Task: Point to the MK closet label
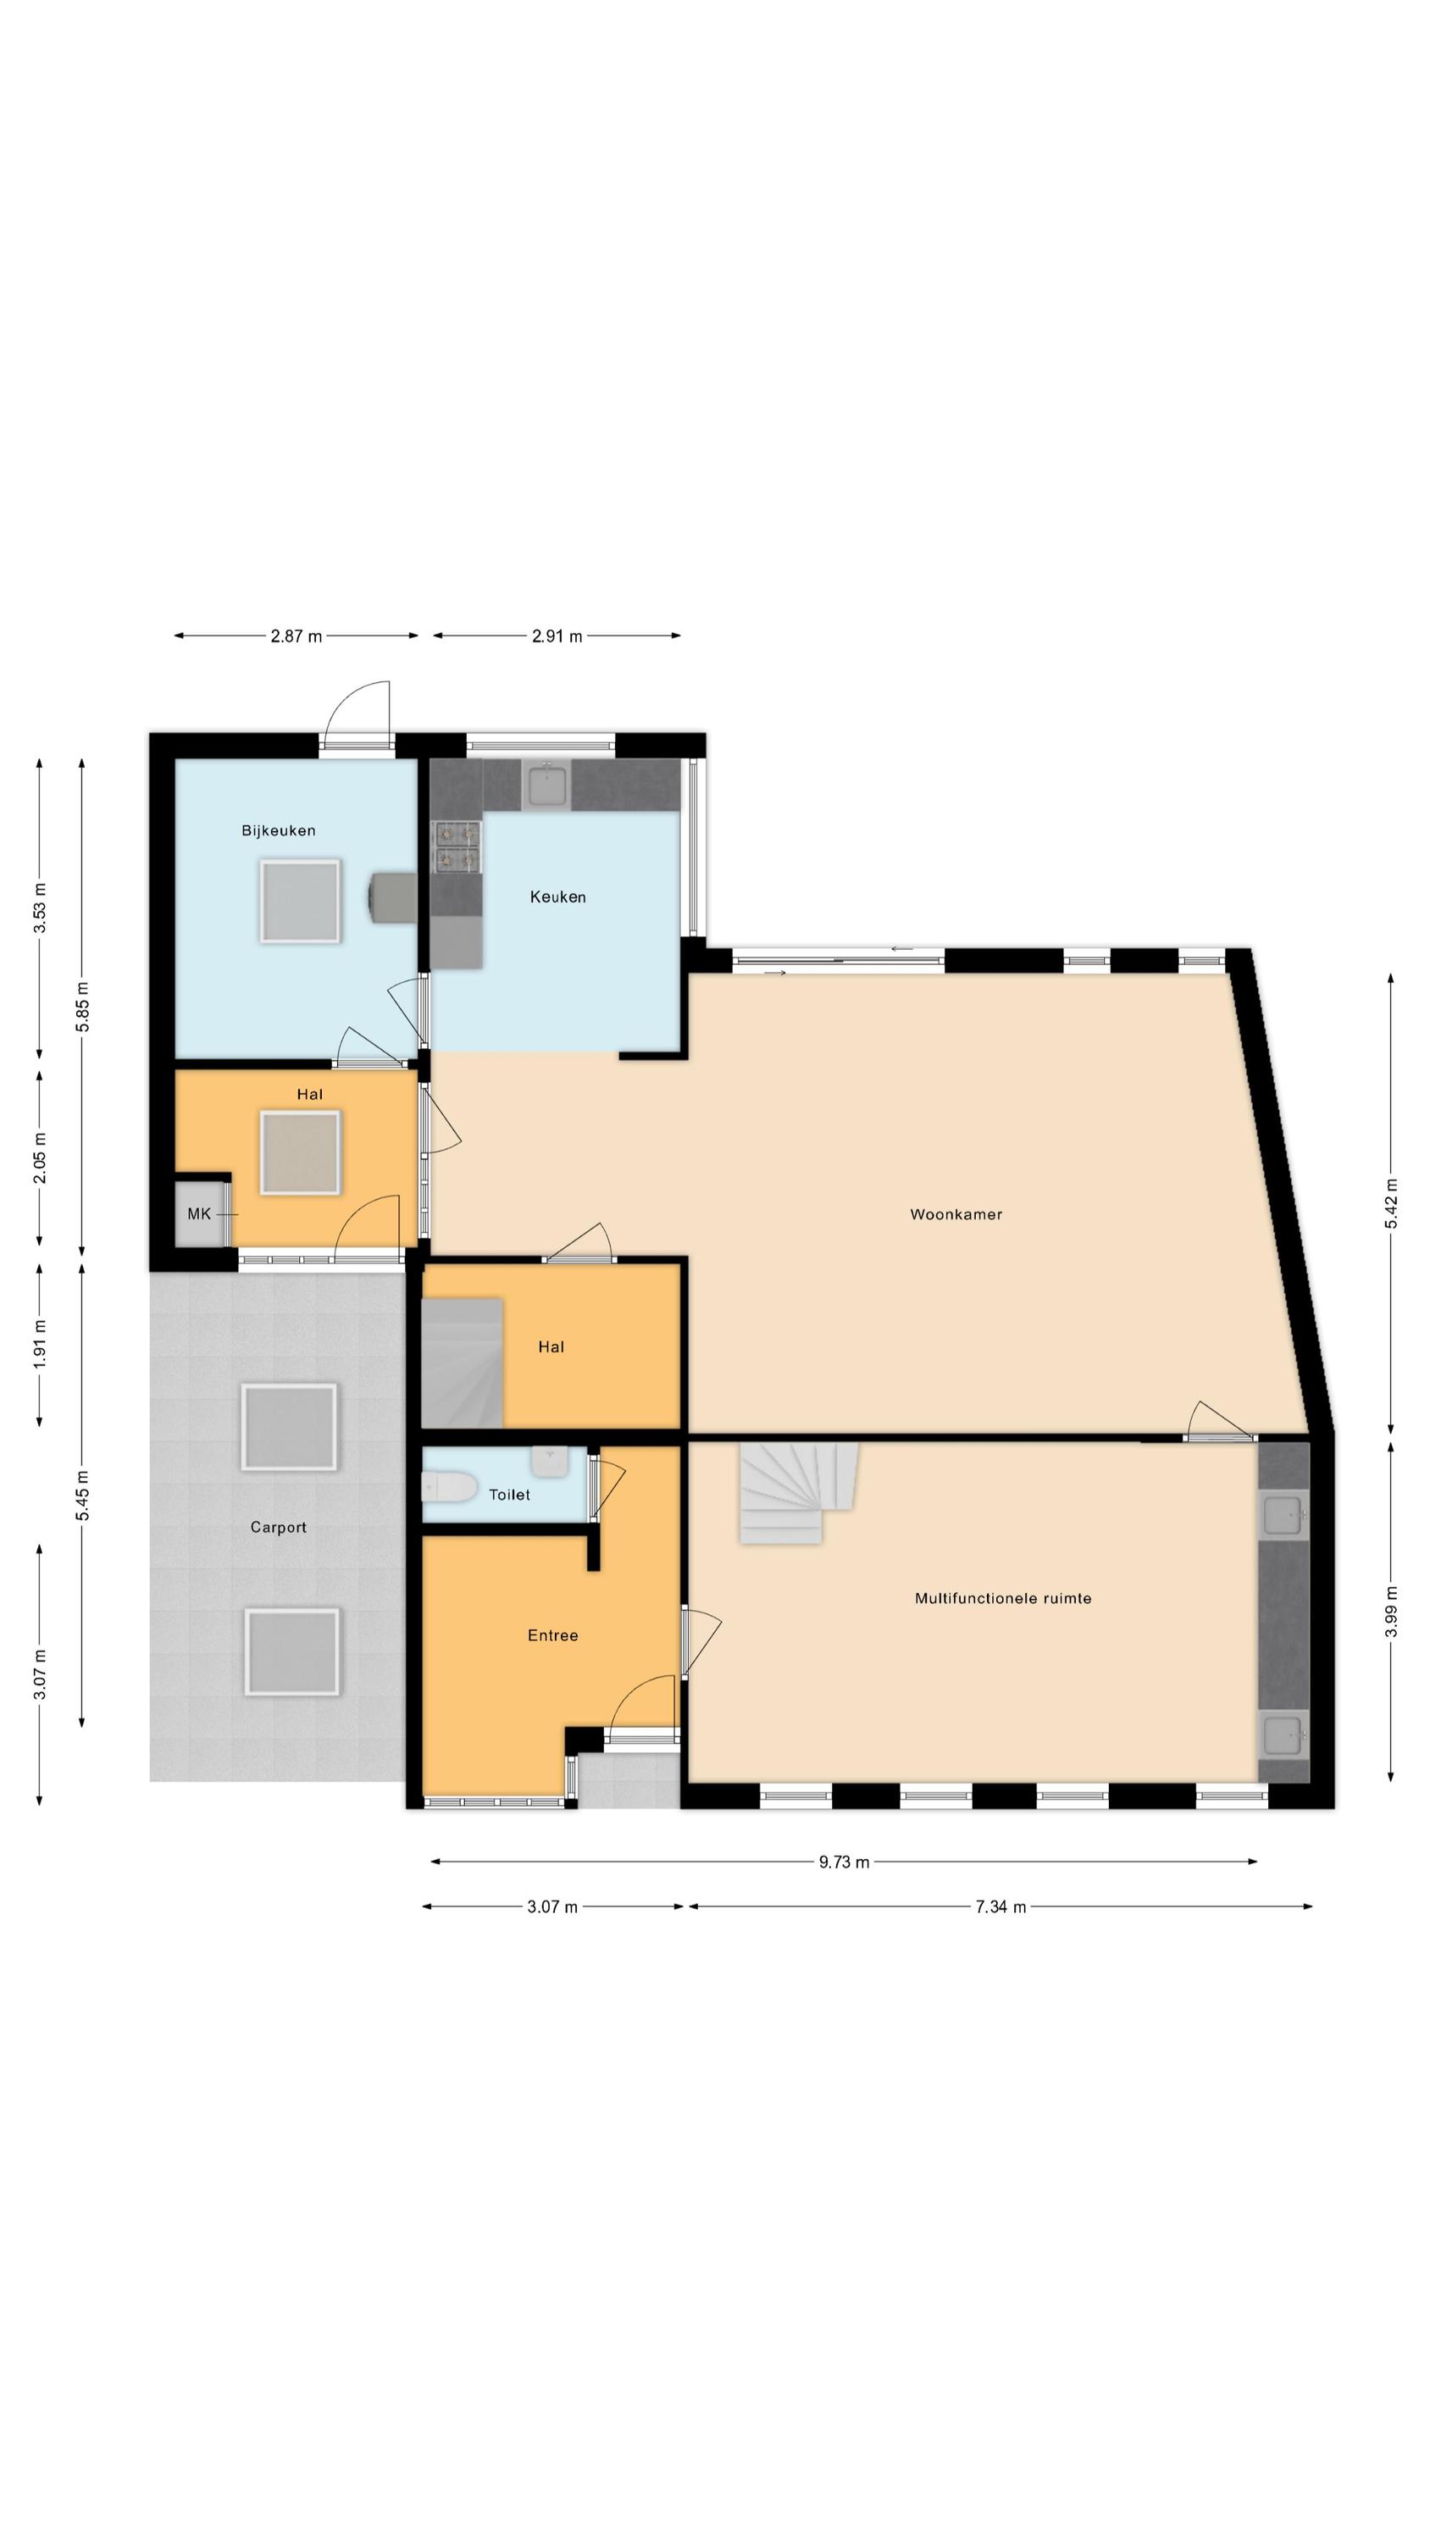pos(198,1213)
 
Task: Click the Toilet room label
pos(509,1494)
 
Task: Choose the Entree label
pos(552,1635)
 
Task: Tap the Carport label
pos(279,1527)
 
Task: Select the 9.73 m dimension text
pos(844,1862)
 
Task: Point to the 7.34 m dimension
pos(1000,1906)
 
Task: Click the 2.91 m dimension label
pos(557,635)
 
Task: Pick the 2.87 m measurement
pos(296,635)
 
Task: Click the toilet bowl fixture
pos(449,1487)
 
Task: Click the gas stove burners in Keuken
pos(457,847)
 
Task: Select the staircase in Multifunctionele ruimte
pos(798,1492)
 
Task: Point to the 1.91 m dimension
pos(40,1344)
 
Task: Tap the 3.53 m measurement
pos(40,907)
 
